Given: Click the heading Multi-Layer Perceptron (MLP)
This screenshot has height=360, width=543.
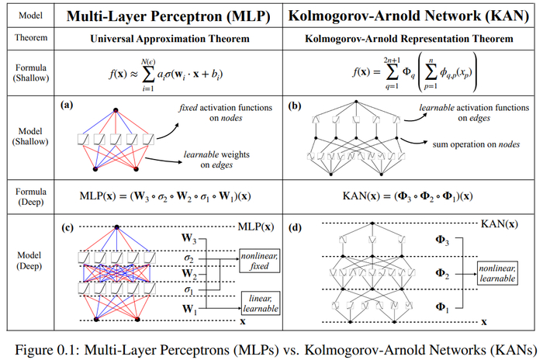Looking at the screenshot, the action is point(168,16).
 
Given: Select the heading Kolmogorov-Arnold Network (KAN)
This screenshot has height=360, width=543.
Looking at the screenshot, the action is point(409,16).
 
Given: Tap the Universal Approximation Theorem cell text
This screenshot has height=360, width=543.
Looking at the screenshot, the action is point(170,39).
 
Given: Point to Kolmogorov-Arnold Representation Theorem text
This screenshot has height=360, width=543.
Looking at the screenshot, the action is point(409,39).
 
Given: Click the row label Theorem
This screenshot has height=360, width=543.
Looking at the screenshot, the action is point(31,37).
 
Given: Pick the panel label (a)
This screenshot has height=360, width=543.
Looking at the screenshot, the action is point(67,105).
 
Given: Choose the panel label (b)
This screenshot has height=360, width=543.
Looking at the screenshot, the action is point(295,106).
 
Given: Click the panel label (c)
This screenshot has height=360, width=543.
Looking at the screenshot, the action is point(67,227).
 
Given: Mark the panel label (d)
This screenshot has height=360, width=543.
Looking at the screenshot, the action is point(295,227).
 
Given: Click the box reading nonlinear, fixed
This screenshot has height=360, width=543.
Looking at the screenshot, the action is point(259,261).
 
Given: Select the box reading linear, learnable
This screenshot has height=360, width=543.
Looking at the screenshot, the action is point(261,303).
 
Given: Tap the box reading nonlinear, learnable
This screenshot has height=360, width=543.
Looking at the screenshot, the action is point(498,273).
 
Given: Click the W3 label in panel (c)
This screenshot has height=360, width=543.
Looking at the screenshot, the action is point(189,238).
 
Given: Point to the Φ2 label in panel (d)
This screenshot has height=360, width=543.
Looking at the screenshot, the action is point(442,274).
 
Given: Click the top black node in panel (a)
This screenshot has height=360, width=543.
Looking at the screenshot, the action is point(116,110).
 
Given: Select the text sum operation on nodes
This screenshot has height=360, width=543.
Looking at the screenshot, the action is point(476,144).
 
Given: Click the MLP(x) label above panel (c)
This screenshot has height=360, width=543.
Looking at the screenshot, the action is point(256,227).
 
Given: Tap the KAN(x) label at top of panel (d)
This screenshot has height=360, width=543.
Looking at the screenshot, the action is point(500,223).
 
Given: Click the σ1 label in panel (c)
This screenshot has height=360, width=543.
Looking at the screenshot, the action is point(188,289).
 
